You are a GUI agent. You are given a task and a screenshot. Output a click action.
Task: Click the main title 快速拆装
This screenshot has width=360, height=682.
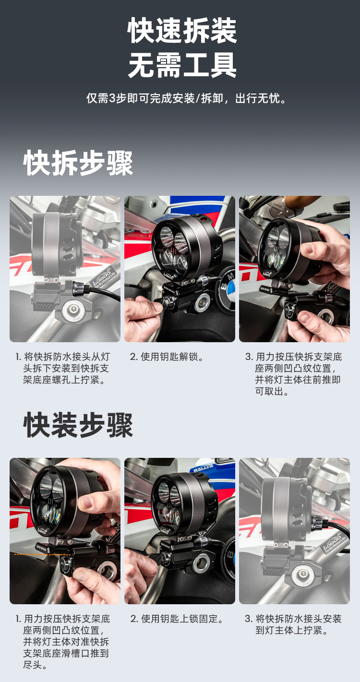[182, 30]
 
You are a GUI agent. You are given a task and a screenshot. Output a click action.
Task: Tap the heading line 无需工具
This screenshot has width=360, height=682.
[182, 65]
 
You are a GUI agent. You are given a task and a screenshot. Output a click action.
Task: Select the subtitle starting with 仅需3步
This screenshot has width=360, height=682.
[186, 98]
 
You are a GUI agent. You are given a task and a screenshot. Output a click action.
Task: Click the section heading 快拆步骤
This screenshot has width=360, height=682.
[78, 163]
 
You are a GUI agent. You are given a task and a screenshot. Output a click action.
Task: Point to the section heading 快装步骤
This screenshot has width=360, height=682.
[78, 425]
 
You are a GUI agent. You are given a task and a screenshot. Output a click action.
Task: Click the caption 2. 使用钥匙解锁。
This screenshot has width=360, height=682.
[167, 357]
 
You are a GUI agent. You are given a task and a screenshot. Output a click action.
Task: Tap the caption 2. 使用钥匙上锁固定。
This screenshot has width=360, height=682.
[177, 619]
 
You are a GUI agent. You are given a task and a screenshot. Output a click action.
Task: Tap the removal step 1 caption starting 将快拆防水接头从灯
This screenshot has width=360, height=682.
[63, 368]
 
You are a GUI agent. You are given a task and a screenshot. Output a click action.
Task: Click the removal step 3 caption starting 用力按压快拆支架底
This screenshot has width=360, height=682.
[294, 374]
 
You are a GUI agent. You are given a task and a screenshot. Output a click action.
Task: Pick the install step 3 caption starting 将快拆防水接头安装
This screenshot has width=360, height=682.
[293, 624]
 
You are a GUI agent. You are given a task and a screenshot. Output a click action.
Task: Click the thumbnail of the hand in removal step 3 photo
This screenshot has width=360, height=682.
[308, 248]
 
